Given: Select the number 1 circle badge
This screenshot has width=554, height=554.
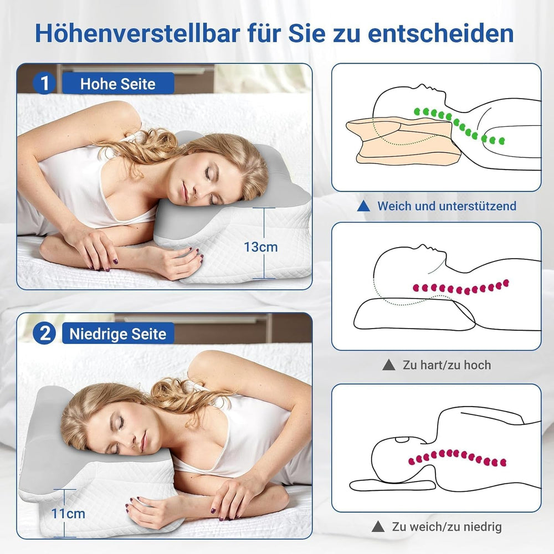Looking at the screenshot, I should click(x=44, y=84).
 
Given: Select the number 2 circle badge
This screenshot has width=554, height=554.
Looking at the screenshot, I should click(x=44, y=334).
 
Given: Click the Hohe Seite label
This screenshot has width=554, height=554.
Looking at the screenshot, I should click(x=117, y=84).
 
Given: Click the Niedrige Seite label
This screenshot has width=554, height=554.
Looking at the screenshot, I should click(x=117, y=334).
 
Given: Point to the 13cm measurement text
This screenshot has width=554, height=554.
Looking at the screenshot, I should click(x=260, y=247).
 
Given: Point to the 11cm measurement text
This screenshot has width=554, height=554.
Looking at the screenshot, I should click(x=68, y=513).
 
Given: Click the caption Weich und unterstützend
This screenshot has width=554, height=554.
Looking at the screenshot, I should click(x=447, y=206).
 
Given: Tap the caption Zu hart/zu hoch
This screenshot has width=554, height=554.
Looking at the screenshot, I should click(x=447, y=365).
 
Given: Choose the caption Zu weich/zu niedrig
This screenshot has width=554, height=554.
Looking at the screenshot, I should click(x=447, y=526).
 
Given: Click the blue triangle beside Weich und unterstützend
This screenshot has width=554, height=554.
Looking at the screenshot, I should click(x=363, y=206).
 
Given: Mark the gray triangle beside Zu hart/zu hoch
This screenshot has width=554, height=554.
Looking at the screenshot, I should click(x=389, y=365).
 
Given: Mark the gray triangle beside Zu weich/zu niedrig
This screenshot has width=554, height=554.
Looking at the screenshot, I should click(x=378, y=526).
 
